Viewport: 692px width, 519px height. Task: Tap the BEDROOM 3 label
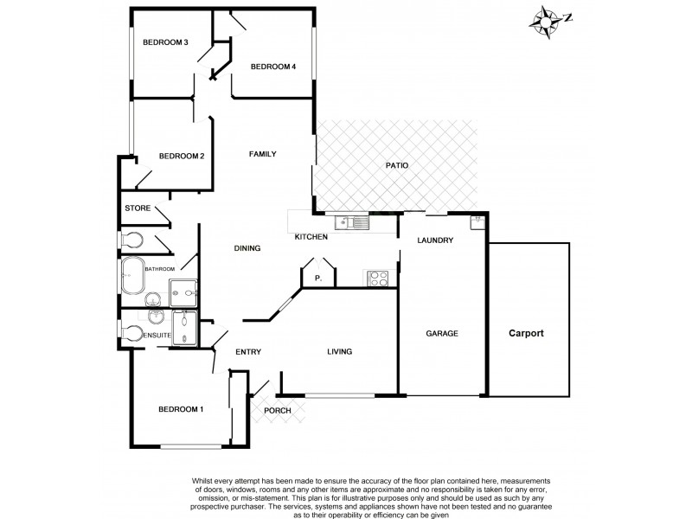(x=166, y=42)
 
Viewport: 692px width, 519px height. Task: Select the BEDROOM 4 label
(x=273, y=67)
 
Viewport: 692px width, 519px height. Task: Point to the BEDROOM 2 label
(x=181, y=157)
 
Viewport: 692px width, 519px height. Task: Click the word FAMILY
(x=262, y=154)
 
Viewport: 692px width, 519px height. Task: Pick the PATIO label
(x=397, y=165)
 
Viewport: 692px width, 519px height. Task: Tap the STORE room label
(x=138, y=208)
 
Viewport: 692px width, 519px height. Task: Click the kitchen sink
(x=355, y=223)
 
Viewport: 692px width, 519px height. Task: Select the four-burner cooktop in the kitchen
(x=379, y=278)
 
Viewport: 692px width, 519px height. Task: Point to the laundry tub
(x=477, y=222)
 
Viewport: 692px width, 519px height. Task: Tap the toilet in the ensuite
(x=131, y=332)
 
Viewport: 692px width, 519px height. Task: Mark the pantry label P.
(x=317, y=279)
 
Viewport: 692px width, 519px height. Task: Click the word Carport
(x=526, y=333)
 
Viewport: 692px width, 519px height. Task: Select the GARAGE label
(x=441, y=333)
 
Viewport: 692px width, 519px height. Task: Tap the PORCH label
(x=278, y=410)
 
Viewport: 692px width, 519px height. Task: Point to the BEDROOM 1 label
(x=180, y=409)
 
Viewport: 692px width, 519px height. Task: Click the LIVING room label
(x=340, y=351)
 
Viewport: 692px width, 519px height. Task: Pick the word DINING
(x=247, y=249)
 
